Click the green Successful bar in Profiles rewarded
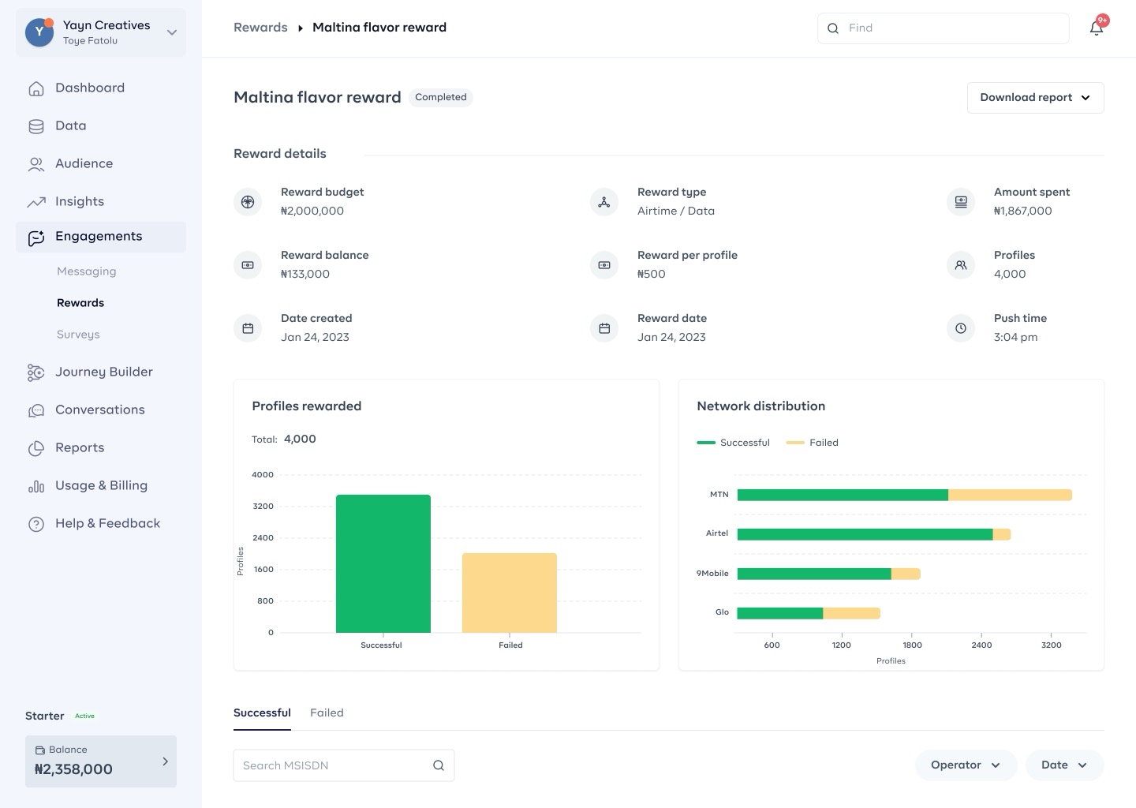(x=383, y=563)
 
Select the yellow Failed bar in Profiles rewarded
(x=509, y=593)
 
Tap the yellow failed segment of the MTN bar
(x=1010, y=495)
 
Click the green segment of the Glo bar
(x=779, y=613)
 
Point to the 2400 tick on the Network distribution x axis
(x=981, y=645)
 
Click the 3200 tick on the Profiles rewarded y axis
(x=263, y=507)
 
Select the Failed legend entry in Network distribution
(x=812, y=443)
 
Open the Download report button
(x=1035, y=97)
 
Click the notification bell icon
(x=1097, y=28)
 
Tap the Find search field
(x=944, y=28)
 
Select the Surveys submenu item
(x=78, y=335)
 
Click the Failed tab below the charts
(x=327, y=713)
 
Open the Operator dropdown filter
(x=966, y=765)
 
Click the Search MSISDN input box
(x=343, y=765)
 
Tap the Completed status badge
(x=441, y=97)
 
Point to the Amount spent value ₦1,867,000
(x=1022, y=211)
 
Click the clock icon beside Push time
(x=961, y=328)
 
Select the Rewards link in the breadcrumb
(x=260, y=28)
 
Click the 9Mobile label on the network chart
(x=712, y=573)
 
